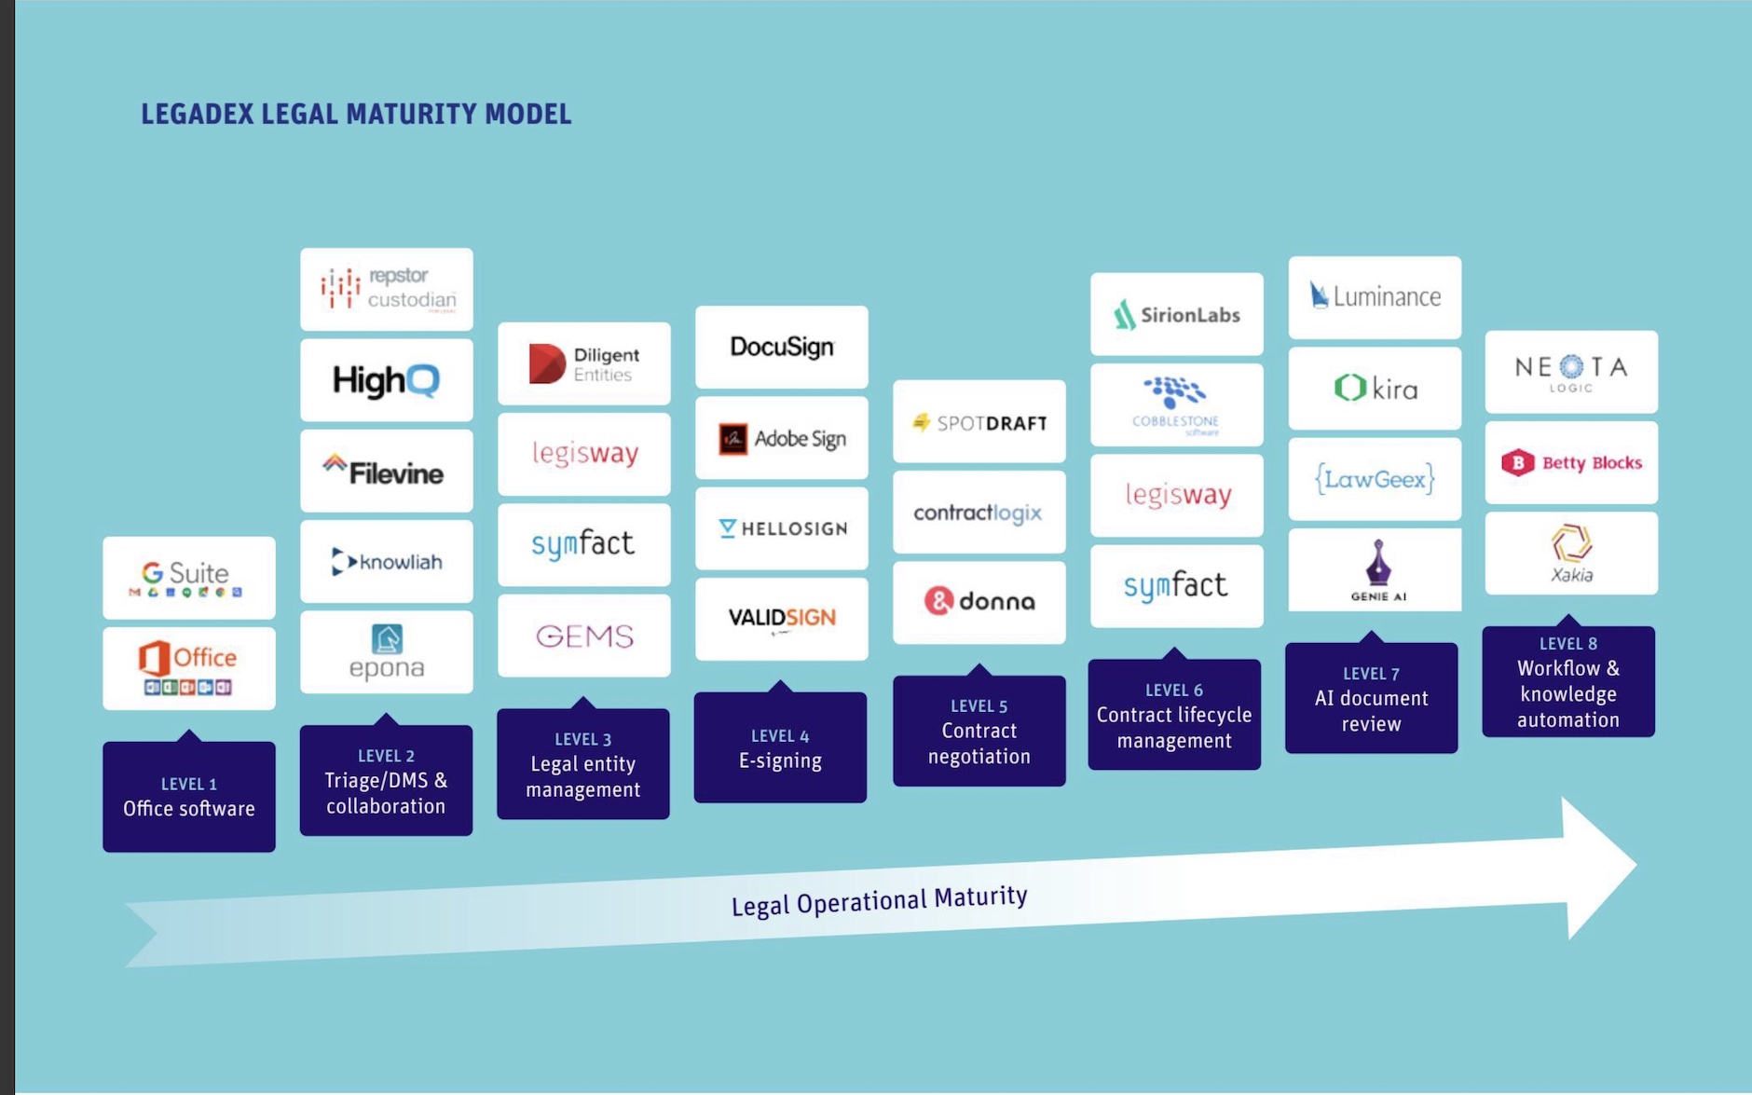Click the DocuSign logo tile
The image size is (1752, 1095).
[781, 347]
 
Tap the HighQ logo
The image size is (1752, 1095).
[386, 380]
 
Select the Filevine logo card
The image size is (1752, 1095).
[386, 472]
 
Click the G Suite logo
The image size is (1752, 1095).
[188, 578]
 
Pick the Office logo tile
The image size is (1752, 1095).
[188, 668]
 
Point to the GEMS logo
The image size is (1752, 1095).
[583, 636]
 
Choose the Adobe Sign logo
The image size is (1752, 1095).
[781, 438]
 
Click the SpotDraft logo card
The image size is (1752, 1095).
[979, 422]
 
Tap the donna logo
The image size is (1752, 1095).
[979, 602]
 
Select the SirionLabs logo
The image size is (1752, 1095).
[1176, 315]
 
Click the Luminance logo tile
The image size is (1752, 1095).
[1375, 297]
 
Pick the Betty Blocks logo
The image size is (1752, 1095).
[1571, 463]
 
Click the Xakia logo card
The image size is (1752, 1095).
[1571, 554]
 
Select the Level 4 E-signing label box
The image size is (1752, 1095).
[780, 748]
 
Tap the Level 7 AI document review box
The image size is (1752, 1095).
[1371, 699]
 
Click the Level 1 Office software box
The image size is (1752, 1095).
[188, 797]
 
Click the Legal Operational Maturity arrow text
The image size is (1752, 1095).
[879, 901]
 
